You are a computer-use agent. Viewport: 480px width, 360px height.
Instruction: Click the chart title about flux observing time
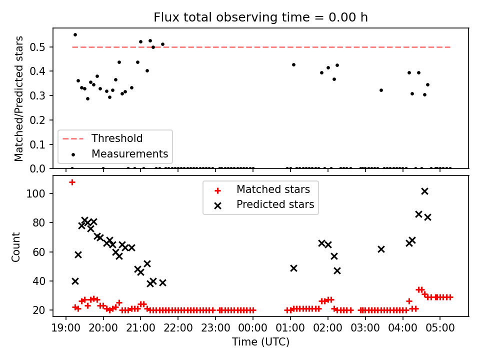[260, 17]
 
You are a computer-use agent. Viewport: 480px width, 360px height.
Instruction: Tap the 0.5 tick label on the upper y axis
[37, 47]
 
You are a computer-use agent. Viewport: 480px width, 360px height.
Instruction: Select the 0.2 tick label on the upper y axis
[37, 120]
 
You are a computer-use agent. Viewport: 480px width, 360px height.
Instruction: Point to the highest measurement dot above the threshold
[75, 35]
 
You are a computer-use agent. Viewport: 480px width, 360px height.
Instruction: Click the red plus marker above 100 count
[72, 182]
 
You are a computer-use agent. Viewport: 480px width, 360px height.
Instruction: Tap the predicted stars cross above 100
[424, 191]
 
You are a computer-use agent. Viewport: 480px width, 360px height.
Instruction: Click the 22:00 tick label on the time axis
[178, 328]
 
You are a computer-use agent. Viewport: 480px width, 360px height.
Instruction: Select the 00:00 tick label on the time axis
[252, 328]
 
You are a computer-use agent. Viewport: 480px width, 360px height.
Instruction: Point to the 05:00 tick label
[440, 328]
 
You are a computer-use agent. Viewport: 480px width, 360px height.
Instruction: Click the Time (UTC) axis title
[260, 341]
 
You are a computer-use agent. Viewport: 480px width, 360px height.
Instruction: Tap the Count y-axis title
[15, 247]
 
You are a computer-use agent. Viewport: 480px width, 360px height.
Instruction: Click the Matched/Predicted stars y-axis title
[18, 98]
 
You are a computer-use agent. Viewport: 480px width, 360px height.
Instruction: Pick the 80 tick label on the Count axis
[39, 222]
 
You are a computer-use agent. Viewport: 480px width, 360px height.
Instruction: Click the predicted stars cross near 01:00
[293, 268]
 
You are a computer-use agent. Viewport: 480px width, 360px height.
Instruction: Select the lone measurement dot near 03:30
[381, 90]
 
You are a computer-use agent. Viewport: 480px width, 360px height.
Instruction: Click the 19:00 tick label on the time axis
[66, 328]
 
